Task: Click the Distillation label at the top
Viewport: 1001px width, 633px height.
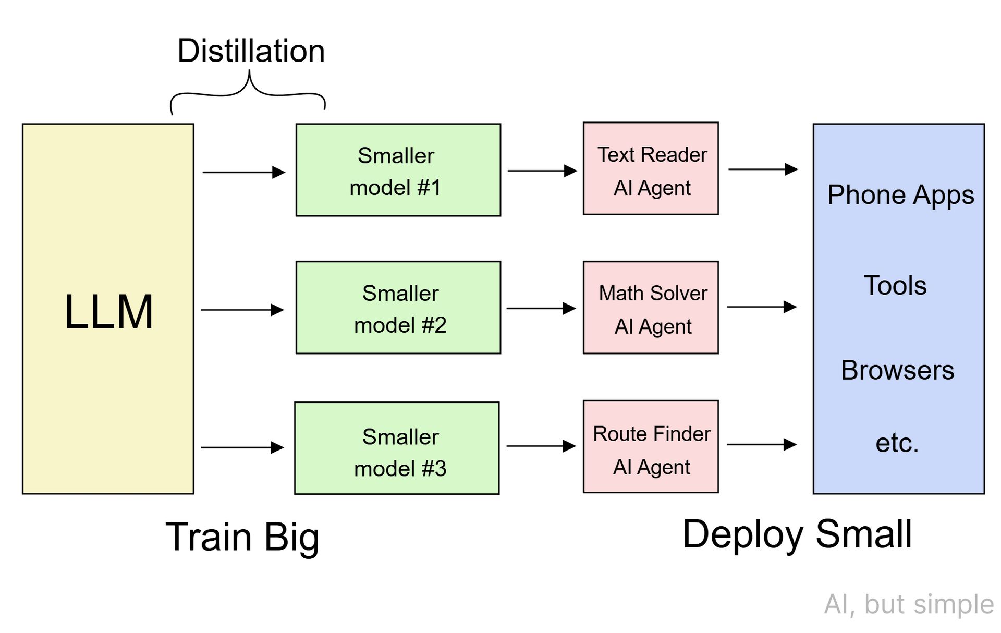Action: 251,51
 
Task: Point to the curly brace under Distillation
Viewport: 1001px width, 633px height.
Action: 249,91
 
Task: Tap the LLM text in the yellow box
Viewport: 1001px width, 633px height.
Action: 108,312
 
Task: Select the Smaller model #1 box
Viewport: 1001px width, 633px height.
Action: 398,170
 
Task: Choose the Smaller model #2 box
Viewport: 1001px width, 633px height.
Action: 398,308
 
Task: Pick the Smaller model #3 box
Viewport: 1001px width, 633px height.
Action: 397,448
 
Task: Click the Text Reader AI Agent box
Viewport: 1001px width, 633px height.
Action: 651,169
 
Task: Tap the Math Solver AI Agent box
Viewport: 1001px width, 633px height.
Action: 651,308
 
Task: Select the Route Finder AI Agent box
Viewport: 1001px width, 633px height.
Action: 651,447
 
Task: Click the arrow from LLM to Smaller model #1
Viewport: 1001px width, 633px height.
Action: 243,172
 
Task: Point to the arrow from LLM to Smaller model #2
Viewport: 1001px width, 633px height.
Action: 242,310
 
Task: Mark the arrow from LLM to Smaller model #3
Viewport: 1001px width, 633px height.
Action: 242,447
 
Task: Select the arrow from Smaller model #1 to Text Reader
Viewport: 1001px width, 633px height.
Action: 542,171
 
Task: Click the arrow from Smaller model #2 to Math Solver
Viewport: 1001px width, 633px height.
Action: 541,308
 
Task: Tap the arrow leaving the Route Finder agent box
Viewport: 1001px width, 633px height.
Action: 762,444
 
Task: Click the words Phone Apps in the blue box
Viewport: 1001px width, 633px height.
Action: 900,195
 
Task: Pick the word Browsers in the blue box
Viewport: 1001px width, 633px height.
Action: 897,370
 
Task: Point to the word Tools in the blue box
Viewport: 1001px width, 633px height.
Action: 895,286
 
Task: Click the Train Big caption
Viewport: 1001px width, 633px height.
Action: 242,537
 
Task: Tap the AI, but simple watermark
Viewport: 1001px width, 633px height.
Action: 909,604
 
